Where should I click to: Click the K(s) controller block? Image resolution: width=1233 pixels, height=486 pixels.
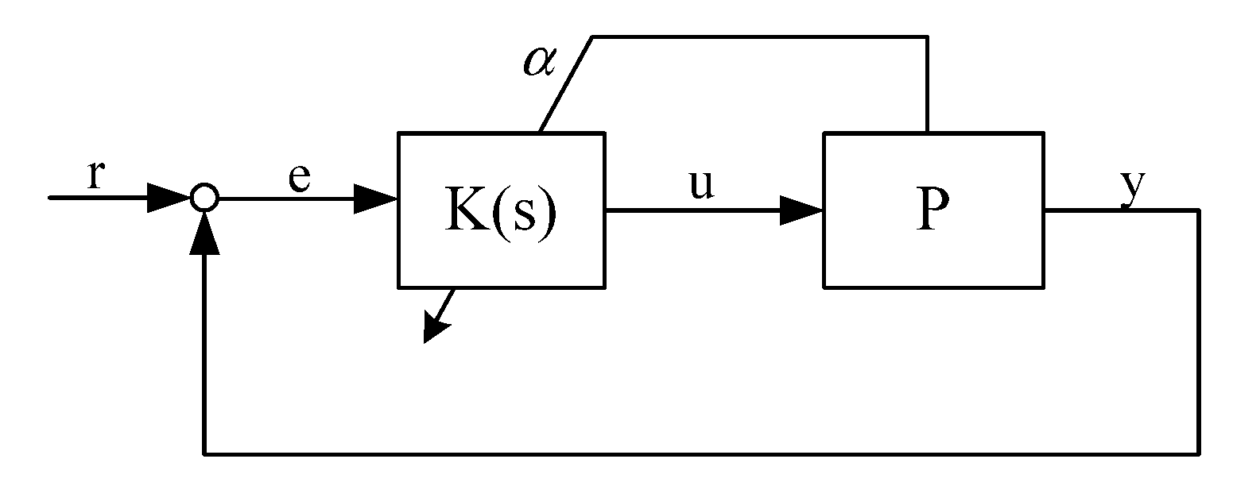pos(500,210)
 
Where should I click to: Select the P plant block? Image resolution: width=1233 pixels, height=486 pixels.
pos(933,210)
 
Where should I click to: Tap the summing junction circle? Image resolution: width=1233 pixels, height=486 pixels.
pos(204,198)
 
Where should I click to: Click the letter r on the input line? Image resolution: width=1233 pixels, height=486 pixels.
pos(95,175)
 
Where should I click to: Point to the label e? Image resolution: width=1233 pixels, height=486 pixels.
pos(299,179)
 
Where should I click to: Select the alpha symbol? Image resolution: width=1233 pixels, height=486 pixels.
pos(541,60)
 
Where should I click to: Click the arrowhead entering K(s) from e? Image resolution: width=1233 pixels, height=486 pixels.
pos(374,199)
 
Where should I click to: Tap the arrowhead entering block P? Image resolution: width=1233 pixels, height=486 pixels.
pos(799,210)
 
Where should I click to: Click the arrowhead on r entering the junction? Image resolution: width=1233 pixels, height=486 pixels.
pos(169,199)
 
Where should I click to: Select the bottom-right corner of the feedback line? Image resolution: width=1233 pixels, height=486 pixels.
pos(1197,453)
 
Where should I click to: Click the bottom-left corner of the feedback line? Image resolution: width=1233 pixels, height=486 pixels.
pos(204,453)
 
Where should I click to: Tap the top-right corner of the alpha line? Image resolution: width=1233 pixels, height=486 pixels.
pos(927,37)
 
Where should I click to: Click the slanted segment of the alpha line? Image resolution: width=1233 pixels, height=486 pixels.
pos(566,83)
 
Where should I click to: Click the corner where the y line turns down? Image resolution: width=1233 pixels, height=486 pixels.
pos(1197,210)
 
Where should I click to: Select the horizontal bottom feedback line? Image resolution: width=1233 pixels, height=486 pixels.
pos(700,453)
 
